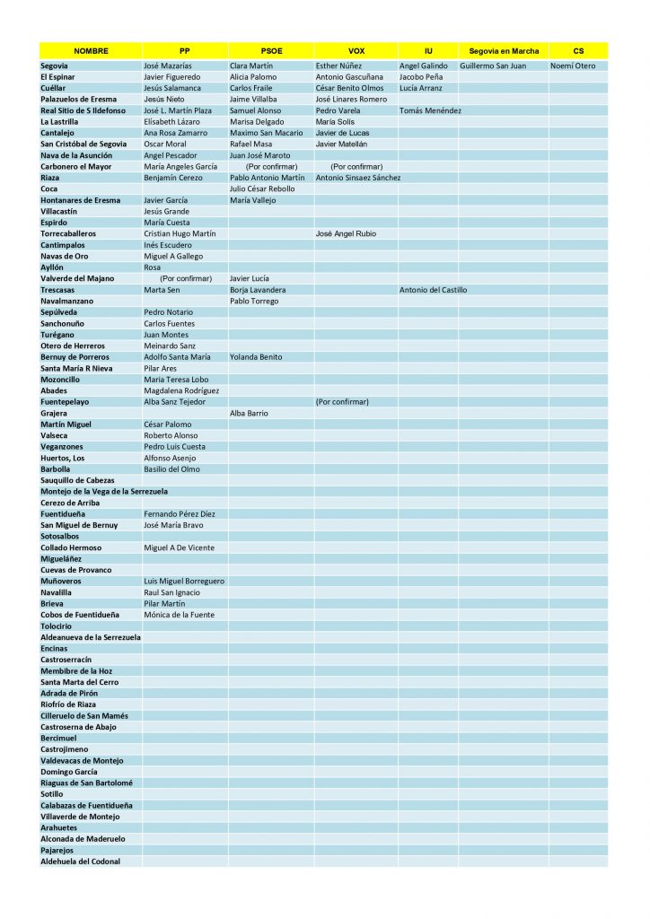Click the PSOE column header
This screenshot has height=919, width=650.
[270, 51]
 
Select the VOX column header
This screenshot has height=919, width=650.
[356, 51]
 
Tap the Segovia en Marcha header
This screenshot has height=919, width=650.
[503, 51]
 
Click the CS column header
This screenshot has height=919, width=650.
[578, 51]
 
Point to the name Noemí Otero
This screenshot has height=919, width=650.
[573, 66]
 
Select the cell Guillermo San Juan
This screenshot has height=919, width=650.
[496, 66]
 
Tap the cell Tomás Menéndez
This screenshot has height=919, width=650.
[430, 110]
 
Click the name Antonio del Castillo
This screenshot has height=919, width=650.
[433, 290]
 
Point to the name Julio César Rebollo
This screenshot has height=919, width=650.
[262, 188]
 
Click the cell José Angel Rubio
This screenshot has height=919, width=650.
[346, 233]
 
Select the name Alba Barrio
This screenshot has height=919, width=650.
[250, 413]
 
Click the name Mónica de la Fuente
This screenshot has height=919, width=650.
[179, 615]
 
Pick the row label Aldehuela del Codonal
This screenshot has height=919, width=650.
[80, 862]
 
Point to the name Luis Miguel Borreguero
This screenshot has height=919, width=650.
[184, 581]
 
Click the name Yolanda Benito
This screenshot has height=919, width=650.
[256, 357]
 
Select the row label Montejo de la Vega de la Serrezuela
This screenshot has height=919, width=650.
[104, 492]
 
